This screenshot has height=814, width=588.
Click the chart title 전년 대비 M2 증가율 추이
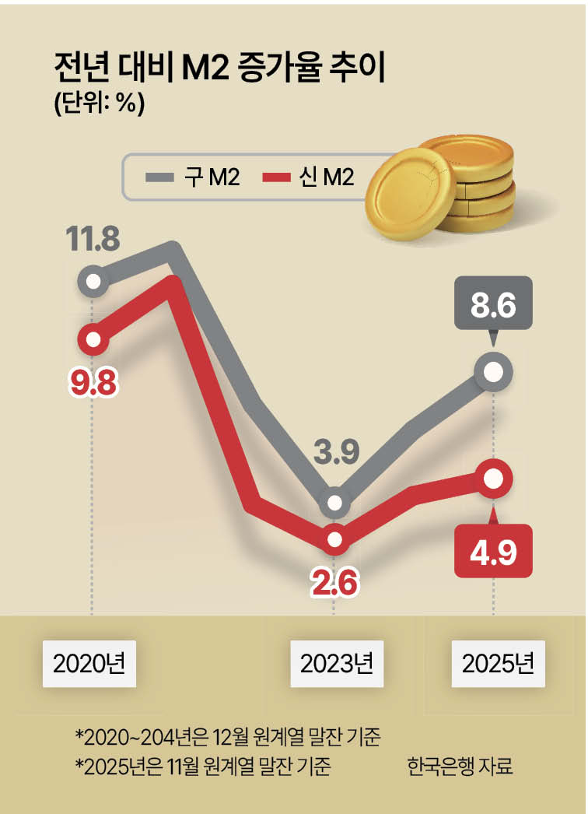[x=219, y=68]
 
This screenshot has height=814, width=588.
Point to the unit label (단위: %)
[x=99, y=104]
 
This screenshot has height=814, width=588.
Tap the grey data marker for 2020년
[x=94, y=280]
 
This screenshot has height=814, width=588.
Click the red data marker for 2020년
[x=94, y=340]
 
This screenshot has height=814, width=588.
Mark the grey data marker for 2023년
[x=334, y=503]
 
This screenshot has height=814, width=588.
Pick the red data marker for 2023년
[x=334, y=539]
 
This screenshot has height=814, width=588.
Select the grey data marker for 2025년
[x=492, y=373]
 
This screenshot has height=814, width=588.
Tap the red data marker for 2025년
[x=492, y=479]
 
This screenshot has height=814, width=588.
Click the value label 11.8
[x=92, y=239]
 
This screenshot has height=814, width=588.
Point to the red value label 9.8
[x=93, y=383]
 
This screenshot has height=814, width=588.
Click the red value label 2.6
[x=335, y=582]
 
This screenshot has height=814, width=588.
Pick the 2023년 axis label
[x=336, y=664]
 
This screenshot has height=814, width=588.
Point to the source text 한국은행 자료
[x=460, y=766]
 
